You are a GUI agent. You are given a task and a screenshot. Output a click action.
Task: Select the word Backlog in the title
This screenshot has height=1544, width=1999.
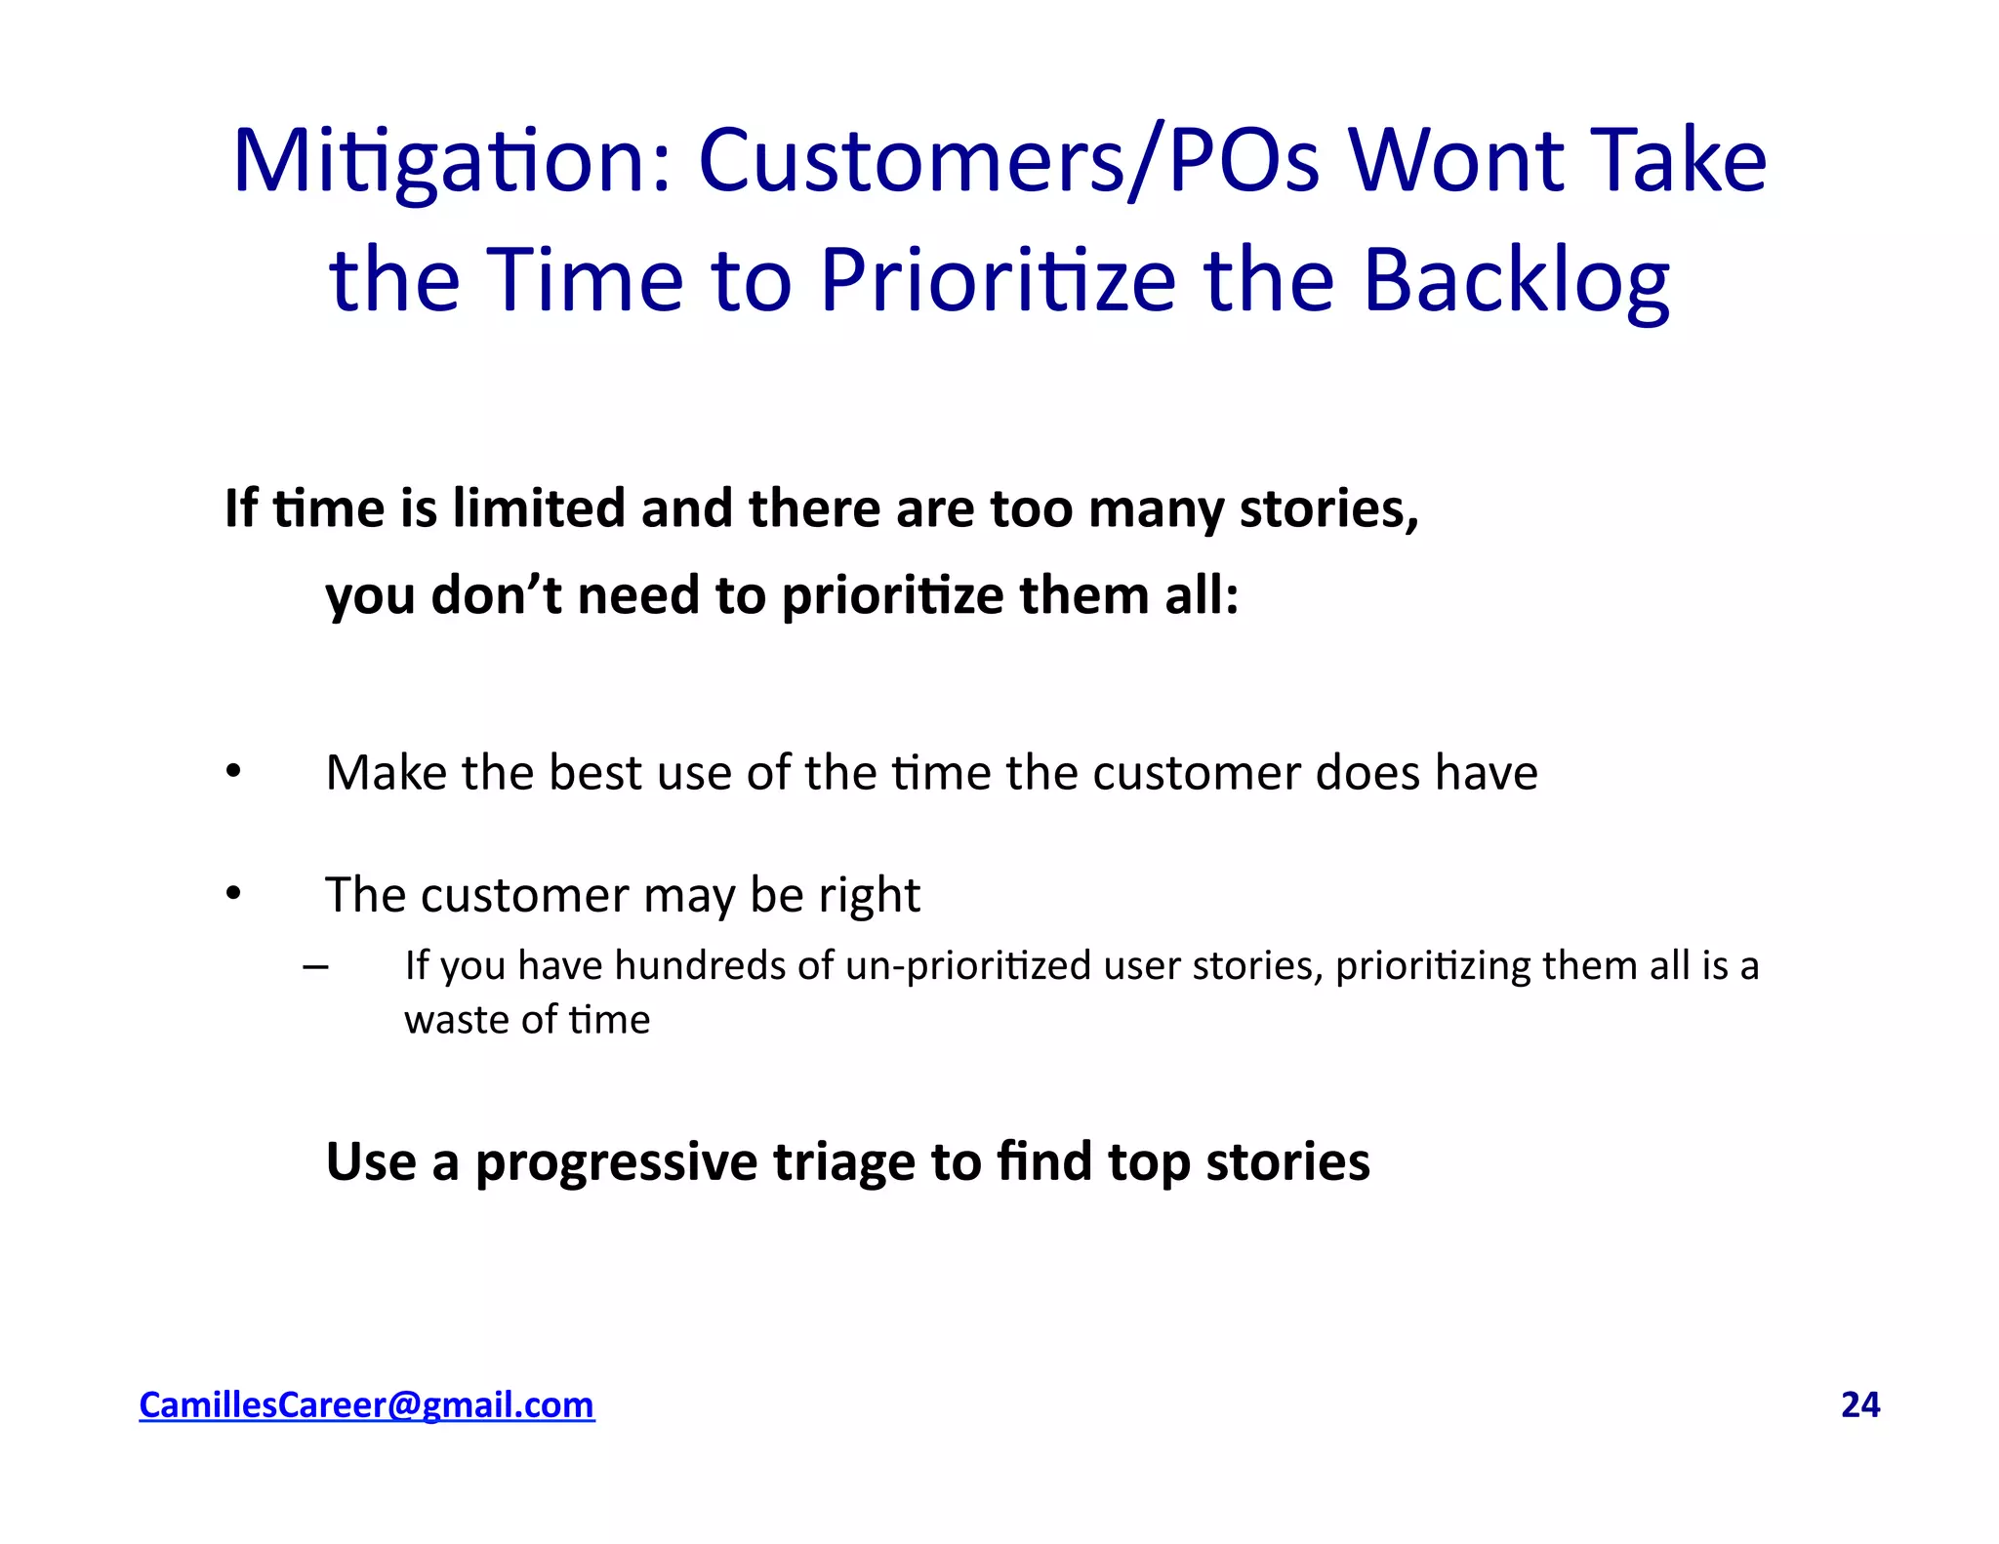1515,281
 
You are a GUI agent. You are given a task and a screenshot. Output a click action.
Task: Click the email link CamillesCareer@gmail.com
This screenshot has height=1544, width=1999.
366,1404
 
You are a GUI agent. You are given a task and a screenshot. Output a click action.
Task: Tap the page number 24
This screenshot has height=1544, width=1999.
1859,1404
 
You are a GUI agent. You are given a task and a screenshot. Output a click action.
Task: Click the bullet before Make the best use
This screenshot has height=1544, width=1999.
232,772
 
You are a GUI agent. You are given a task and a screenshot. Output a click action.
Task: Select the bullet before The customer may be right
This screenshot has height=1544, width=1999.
232,893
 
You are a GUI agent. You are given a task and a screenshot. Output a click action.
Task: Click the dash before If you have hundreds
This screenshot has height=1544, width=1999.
315,967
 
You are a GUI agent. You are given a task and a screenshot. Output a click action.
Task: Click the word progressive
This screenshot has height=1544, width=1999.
616,1161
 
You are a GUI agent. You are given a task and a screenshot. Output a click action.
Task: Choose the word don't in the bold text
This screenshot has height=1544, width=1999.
496,594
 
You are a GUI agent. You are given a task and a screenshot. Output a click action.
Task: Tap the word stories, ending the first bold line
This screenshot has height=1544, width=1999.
1328,508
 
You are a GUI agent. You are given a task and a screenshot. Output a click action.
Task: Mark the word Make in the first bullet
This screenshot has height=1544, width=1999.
387,772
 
